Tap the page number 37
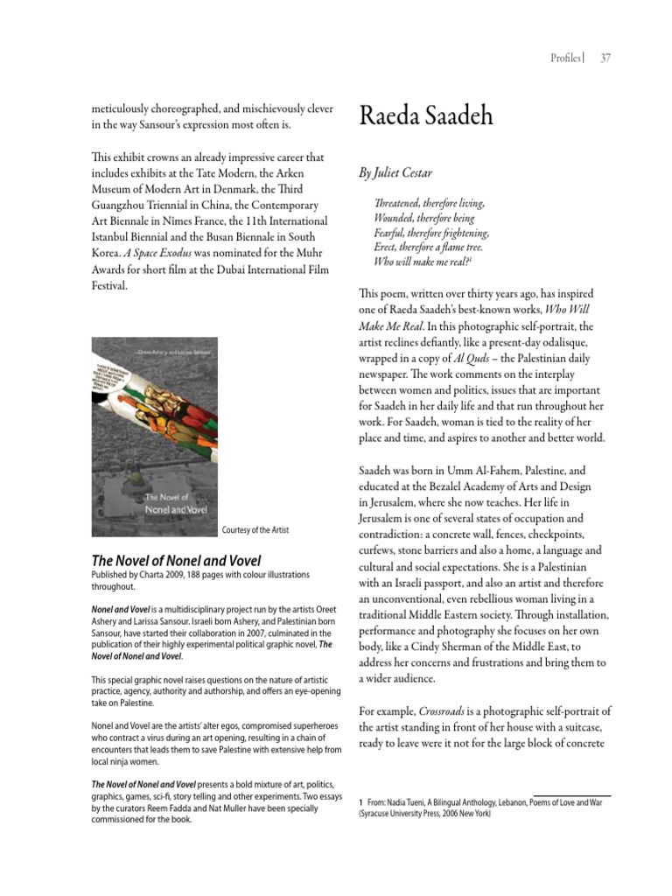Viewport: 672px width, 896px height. point(605,59)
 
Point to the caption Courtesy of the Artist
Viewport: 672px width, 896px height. point(255,530)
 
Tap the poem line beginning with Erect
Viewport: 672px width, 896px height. point(429,248)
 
